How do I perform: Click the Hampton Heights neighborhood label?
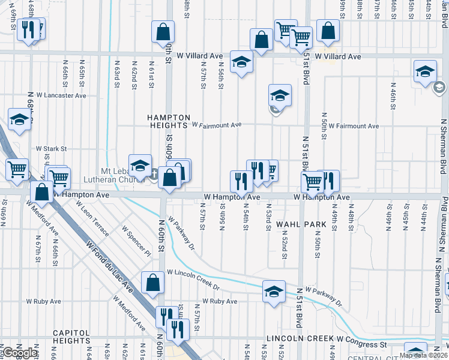pyautogui.click(x=170, y=121)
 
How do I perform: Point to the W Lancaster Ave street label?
pyautogui.click(x=61, y=95)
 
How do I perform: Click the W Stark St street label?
pyautogui.click(x=51, y=148)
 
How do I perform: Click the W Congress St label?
pyautogui.click(x=361, y=345)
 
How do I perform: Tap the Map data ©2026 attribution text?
pyautogui.click(x=421, y=355)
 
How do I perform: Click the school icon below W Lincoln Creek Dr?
pyautogui.click(x=274, y=292)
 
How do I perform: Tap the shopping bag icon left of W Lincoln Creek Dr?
pyautogui.click(x=152, y=283)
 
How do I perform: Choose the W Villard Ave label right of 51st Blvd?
pyautogui.click(x=338, y=56)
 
